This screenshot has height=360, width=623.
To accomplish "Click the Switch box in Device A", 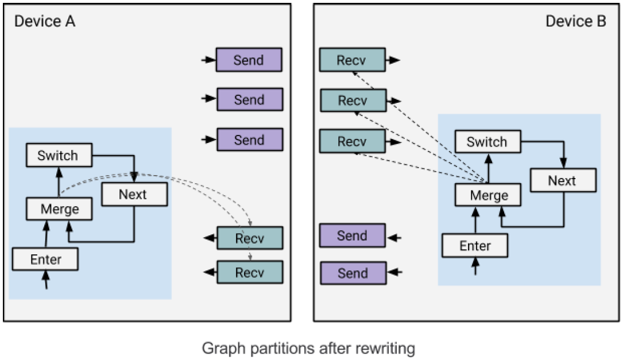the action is coord(59,155).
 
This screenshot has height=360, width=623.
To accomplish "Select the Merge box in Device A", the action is coord(59,208).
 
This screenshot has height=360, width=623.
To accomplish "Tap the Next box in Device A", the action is coord(134,194).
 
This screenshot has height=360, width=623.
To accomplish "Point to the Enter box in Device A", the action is coord(45,259).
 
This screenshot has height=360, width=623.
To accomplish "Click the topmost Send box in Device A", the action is coord(249,60).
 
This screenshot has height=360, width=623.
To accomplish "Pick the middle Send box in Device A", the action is coord(250,99).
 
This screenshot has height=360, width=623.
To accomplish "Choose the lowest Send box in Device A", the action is coord(250,140).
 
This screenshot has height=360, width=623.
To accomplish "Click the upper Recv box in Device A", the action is coord(250,238).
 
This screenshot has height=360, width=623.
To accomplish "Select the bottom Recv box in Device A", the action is coord(250,272).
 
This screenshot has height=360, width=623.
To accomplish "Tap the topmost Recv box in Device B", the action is coord(353,60).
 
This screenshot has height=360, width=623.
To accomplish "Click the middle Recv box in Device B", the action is coord(353,100).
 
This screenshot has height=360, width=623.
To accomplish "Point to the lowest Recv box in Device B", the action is coord(353,141).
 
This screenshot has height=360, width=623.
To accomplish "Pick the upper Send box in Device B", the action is coord(353,235).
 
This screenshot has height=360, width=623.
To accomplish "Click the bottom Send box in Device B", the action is coord(353,273).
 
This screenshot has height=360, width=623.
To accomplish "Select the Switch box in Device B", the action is coord(488,141).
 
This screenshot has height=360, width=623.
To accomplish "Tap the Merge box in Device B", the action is coord(488,195).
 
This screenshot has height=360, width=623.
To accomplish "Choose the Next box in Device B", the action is coord(563,180).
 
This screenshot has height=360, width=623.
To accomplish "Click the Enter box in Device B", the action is coord(475,246).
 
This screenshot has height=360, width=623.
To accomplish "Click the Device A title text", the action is coord(45,21).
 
